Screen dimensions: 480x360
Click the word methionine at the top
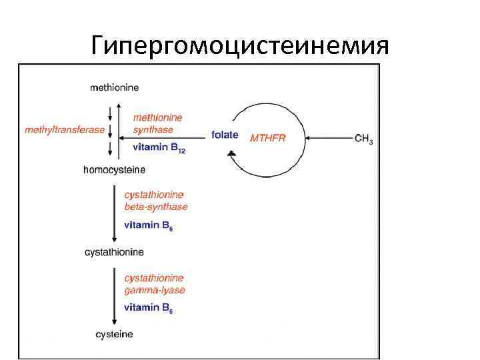click(114, 87)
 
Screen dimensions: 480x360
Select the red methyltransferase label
click(64, 129)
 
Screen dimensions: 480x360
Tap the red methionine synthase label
click(157, 123)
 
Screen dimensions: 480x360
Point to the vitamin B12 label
click(159, 148)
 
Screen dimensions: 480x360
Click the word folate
click(225, 135)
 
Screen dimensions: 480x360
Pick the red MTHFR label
click(267, 138)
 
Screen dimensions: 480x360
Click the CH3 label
click(363, 139)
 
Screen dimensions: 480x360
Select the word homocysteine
click(114, 169)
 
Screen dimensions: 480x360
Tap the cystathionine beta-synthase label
click(156, 201)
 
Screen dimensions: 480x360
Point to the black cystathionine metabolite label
click(114, 253)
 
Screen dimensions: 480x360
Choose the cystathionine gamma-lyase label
click(154, 284)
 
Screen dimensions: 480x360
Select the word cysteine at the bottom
click(113, 334)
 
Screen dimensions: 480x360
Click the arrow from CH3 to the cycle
click(330, 139)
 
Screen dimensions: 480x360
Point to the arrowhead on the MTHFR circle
click(231, 155)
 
